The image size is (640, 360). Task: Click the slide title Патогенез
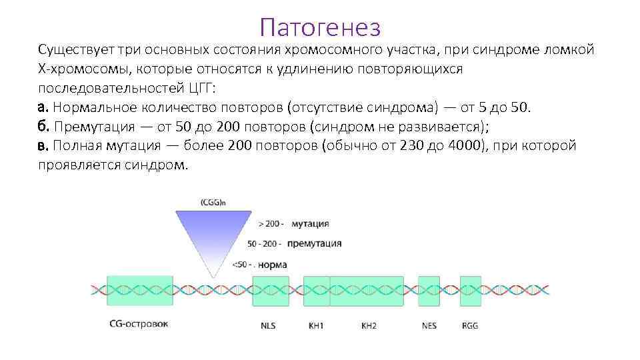320,27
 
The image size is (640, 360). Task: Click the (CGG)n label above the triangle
213,202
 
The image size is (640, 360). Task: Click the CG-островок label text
139,324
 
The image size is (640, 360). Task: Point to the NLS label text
268,325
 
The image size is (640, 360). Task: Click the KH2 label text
369,325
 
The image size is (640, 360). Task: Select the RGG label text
470,325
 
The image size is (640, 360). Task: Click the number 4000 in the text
459,146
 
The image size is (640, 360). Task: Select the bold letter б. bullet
44,127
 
